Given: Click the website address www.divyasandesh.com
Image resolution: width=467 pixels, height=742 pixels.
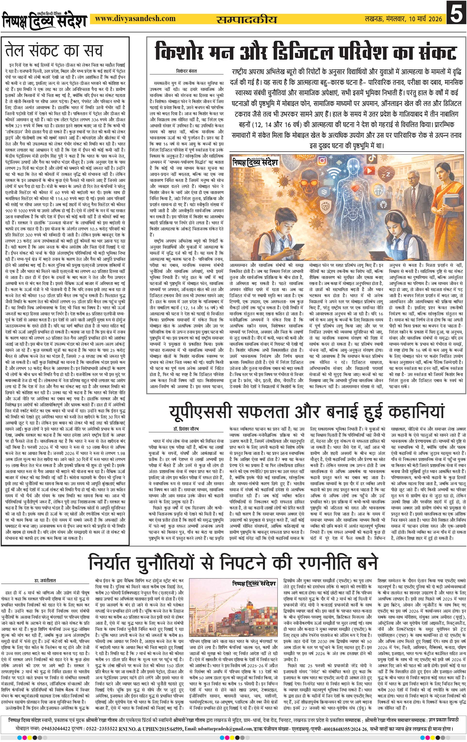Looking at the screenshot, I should [x=135, y=19].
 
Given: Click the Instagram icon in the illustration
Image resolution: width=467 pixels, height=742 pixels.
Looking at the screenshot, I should [x=322, y=161].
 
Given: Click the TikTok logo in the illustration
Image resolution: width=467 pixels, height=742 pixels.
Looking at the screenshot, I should [x=373, y=158].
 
